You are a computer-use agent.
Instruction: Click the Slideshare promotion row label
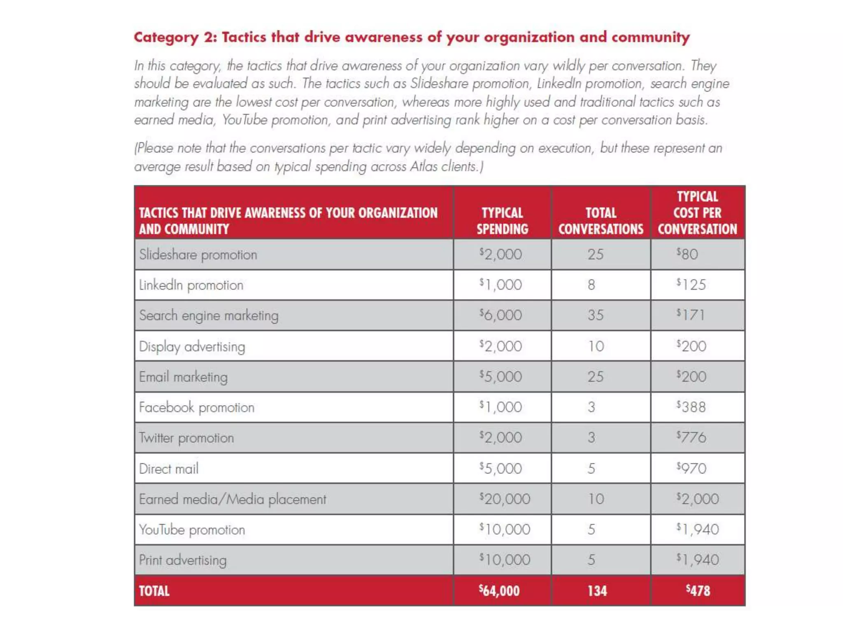tap(198, 255)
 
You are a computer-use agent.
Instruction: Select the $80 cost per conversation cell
tap(687, 254)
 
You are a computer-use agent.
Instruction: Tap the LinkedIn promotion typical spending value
tap(501, 284)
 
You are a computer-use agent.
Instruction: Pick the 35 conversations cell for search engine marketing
tap(595, 315)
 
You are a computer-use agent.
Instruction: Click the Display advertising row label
tap(192, 346)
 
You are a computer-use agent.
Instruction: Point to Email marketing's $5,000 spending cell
tap(501, 376)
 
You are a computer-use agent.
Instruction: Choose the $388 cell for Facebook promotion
tap(691, 407)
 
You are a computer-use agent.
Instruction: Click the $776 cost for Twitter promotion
tap(691, 437)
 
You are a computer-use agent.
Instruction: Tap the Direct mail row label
tap(169, 468)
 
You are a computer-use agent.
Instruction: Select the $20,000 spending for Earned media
tap(505, 499)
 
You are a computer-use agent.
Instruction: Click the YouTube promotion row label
tap(192, 530)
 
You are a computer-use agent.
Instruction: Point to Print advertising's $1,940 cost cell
tap(697, 560)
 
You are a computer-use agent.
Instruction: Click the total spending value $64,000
tap(499, 590)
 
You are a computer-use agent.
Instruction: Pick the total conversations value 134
tap(597, 591)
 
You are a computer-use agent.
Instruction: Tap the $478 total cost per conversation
tap(698, 590)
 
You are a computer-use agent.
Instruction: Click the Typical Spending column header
tap(502, 221)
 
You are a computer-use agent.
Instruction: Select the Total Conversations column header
tap(601, 221)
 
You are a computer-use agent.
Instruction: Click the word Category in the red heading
tap(166, 37)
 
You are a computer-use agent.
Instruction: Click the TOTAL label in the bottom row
tap(154, 591)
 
